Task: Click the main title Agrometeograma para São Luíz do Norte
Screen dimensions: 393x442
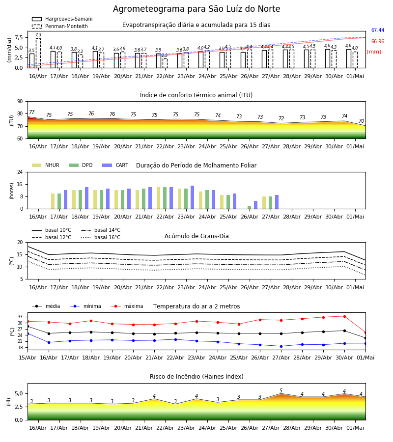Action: [x=196, y=9]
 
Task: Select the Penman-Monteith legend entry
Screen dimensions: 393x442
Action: [x=60, y=26]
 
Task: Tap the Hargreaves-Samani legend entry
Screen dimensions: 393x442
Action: [x=62, y=19]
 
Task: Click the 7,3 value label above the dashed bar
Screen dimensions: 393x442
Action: [x=38, y=35]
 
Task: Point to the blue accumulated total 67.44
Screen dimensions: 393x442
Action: [x=378, y=30]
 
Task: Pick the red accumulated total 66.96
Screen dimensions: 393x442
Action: [x=378, y=41]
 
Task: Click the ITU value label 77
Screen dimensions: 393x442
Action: [x=32, y=112]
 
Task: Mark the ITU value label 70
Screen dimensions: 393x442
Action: [x=361, y=121]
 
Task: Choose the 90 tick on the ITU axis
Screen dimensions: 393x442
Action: [x=20, y=102]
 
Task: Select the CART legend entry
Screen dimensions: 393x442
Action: [x=115, y=165]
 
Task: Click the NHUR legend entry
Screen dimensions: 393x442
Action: [x=46, y=165]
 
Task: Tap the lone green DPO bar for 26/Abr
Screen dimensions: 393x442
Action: [x=249, y=207]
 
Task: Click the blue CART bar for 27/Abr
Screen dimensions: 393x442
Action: [x=277, y=202]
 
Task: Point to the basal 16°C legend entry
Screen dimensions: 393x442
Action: [x=101, y=237]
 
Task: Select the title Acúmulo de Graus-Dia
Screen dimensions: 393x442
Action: [x=196, y=236]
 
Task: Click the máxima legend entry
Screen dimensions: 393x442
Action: [x=127, y=306]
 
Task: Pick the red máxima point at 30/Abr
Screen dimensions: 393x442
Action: [x=344, y=316]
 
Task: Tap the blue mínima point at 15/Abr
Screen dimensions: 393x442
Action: [x=28, y=334]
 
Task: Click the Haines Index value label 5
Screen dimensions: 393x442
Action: [x=281, y=390]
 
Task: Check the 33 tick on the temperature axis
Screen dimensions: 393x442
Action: [x=20, y=317]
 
